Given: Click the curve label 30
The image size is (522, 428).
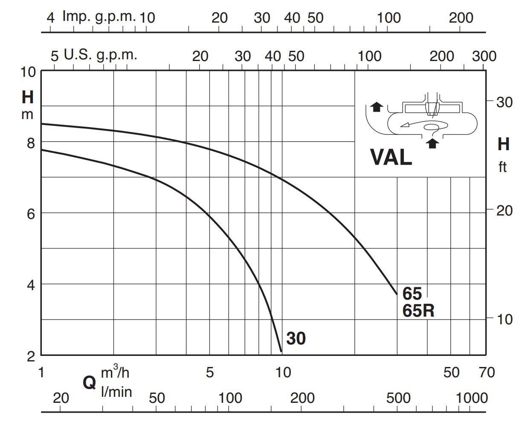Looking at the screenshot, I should [x=296, y=338].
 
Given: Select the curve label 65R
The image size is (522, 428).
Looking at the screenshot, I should [x=418, y=311].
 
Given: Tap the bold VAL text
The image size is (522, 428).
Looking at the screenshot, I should [x=391, y=157].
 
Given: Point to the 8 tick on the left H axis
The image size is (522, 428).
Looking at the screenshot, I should [x=31, y=143].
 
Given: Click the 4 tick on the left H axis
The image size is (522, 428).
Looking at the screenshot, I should [x=31, y=285].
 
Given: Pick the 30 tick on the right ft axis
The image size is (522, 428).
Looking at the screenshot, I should [x=505, y=102].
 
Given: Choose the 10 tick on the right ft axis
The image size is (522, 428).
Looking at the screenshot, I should [x=505, y=319].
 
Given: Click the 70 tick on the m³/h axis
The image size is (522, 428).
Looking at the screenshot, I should [x=486, y=373].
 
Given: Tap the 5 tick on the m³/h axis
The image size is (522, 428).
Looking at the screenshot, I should [x=209, y=373].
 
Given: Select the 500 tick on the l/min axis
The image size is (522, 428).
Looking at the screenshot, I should [x=398, y=399].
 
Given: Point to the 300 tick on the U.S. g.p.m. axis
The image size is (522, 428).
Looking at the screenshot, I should [x=484, y=56].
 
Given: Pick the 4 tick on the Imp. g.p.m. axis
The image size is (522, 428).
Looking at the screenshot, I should [x=51, y=17].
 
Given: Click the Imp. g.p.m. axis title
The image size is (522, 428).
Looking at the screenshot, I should [x=99, y=17].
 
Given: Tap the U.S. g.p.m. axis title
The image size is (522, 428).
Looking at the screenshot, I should [x=100, y=55].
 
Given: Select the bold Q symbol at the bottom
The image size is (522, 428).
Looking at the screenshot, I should [x=89, y=383].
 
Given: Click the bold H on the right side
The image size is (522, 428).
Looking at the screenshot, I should [x=503, y=144].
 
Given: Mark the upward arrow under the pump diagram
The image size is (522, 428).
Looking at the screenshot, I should [x=433, y=143].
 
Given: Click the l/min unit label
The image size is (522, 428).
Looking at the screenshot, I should [x=116, y=391].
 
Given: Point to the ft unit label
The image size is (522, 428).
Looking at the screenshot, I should [x=502, y=167].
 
